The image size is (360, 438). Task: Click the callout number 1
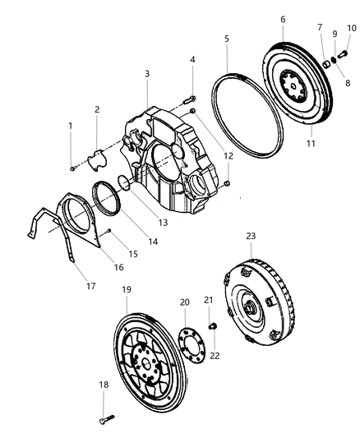pyautogui.click(x=71, y=126)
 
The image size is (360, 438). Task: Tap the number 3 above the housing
pyautogui.click(x=146, y=74)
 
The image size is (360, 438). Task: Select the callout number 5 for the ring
pyautogui.click(x=227, y=39)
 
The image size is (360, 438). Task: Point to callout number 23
pyautogui.click(x=251, y=236)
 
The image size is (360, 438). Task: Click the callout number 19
pyautogui.click(x=127, y=290)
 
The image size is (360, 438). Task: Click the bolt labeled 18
pyautogui.click(x=104, y=419)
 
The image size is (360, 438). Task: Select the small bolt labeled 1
pyautogui.click(x=72, y=168)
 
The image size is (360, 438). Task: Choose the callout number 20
pyautogui.click(x=184, y=302)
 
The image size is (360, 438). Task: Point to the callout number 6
pyautogui.click(x=283, y=18)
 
